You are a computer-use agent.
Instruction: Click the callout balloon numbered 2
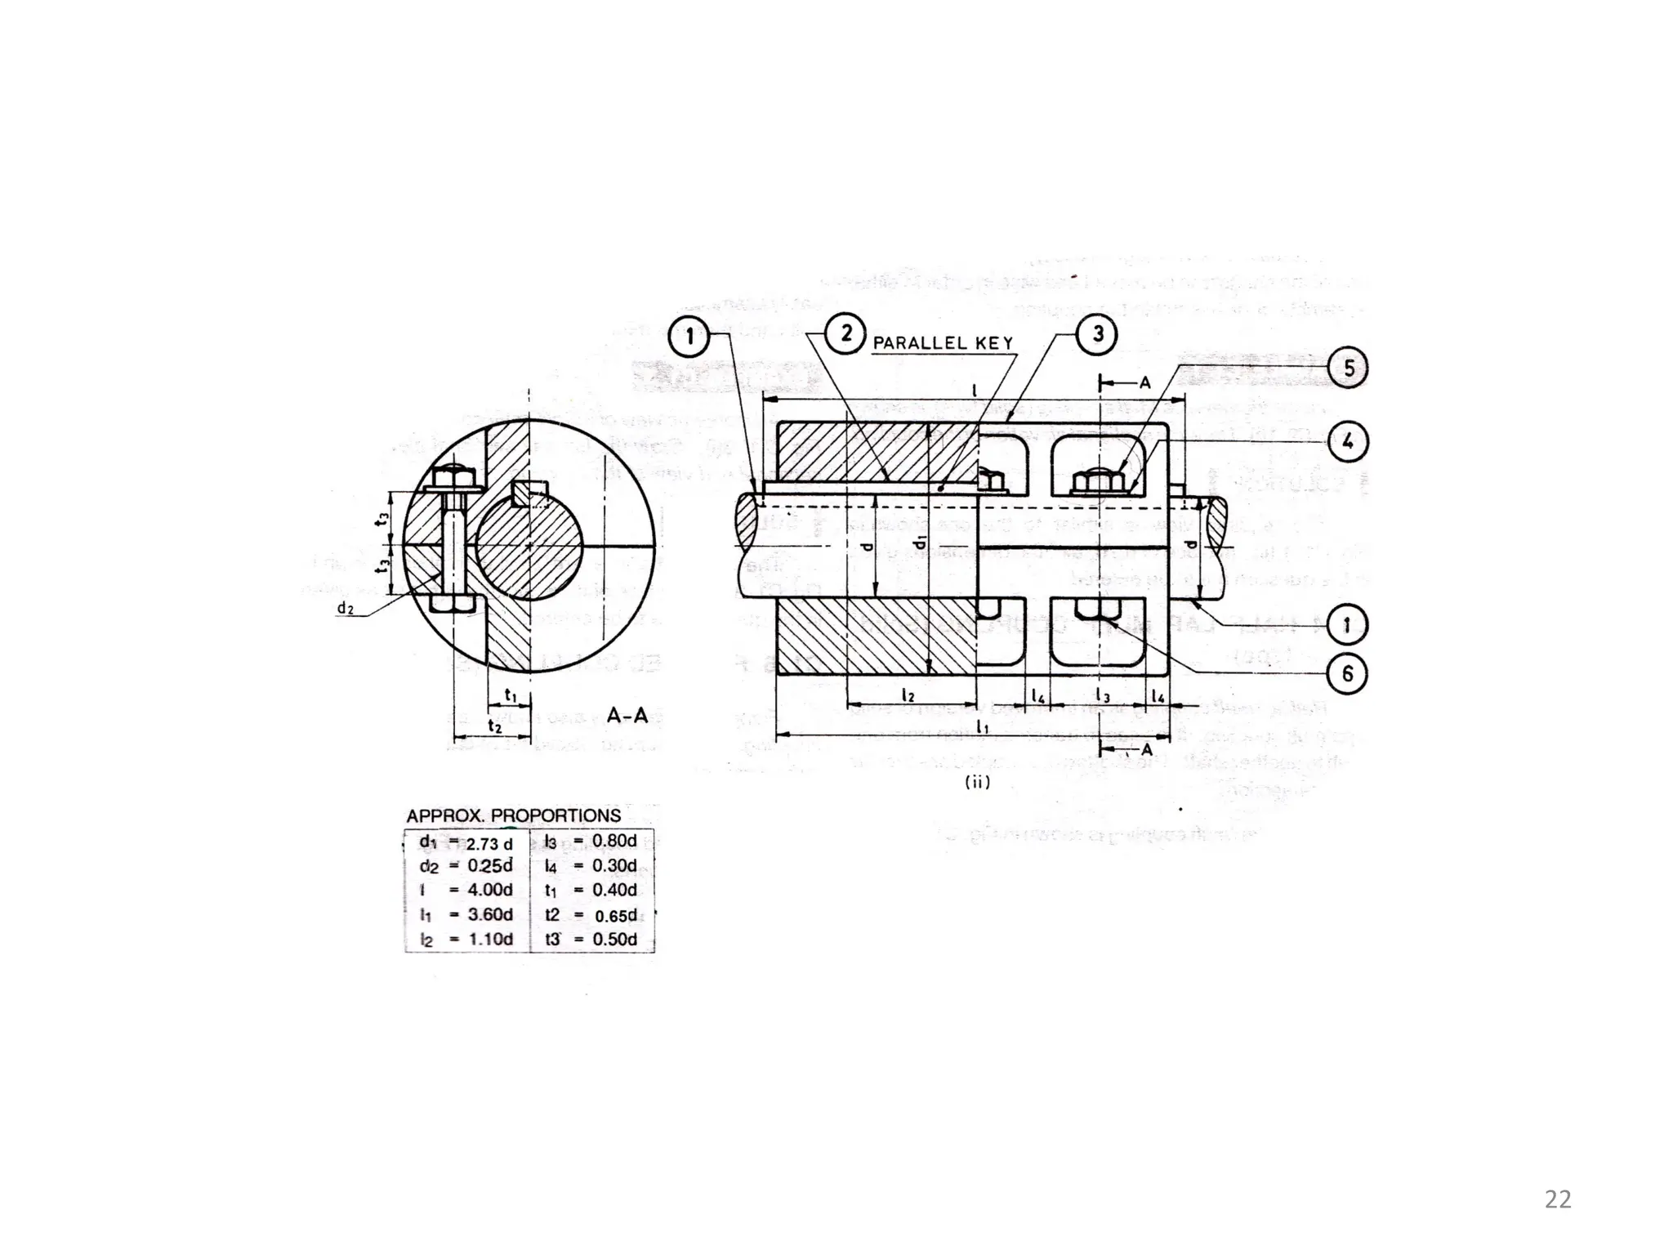click(845, 334)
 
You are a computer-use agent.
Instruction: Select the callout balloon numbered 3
click(1097, 334)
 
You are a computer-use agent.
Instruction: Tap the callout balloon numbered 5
click(1348, 368)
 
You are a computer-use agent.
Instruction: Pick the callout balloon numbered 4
click(1348, 442)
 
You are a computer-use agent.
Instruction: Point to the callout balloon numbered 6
click(1348, 674)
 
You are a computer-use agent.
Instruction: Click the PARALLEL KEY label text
click(943, 343)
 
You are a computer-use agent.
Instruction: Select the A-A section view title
click(627, 716)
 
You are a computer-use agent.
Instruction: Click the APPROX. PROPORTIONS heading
click(514, 815)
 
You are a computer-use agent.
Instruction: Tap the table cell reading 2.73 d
click(489, 843)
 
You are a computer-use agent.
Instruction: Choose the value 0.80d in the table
click(614, 841)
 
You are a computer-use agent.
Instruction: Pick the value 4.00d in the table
click(489, 890)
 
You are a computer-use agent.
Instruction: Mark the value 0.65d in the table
click(615, 916)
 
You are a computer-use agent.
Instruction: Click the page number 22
click(1558, 1199)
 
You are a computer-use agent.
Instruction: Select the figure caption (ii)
click(977, 782)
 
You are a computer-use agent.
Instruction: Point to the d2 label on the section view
click(345, 609)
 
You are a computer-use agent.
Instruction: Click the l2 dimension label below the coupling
click(908, 695)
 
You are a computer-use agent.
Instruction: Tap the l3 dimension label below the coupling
click(1102, 696)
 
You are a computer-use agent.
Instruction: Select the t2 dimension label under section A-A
click(493, 726)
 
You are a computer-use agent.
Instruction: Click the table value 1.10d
click(490, 940)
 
